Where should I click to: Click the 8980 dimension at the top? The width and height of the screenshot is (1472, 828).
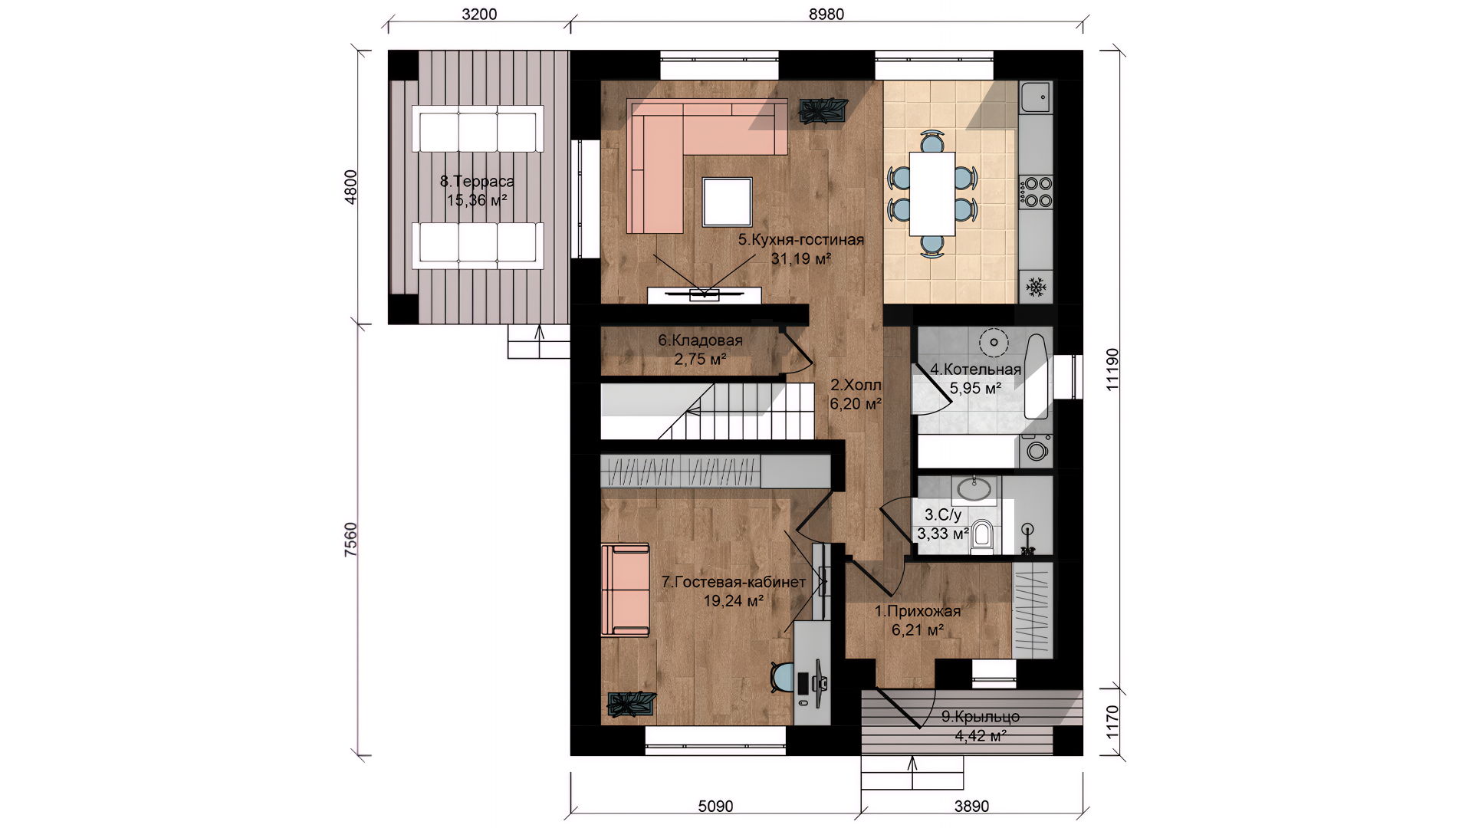pyautogui.click(x=826, y=15)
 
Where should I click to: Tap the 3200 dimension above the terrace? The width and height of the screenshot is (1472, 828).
pyautogui.click(x=479, y=15)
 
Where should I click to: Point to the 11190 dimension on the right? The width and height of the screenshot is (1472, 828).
pyautogui.click(x=1112, y=370)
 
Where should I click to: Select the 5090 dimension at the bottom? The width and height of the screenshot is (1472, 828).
pyautogui.click(x=715, y=806)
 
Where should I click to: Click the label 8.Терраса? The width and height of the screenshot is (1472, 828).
pyautogui.click(x=477, y=182)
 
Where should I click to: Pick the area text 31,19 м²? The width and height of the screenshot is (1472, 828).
pyautogui.click(x=801, y=259)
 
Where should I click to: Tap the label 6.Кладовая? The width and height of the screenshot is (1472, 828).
pyautogui.click(x=700, y=340)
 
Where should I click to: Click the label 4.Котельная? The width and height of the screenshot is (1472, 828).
pyautogui.click(x=976, y=370)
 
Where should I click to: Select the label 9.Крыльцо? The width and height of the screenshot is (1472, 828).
pyautogui.click(x=981, y=717)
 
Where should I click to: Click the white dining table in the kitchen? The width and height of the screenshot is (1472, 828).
pyautogui.click(x=932, y=193)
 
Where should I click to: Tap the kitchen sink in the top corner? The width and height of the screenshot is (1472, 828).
pyautogui.click(x=1035, y=97)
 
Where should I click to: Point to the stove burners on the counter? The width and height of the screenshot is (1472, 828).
pyautogui.click(x=1035, y=192)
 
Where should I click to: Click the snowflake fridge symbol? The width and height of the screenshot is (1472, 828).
pyautogui.click(x=1036, y=287)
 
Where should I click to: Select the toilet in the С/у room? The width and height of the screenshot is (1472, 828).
pyautogui.click(x=981, y=536)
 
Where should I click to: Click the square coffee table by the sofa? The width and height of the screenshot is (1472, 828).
pyautogui.click(x=728, y=202)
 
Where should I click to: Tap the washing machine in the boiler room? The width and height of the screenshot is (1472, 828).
pyautogui.click(x=1036, y=451)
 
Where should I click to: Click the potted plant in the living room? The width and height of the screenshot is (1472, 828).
pyautogui.click(x=824, y=110)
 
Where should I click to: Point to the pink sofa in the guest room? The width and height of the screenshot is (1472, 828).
pyautogui.click(x=626, y=590)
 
